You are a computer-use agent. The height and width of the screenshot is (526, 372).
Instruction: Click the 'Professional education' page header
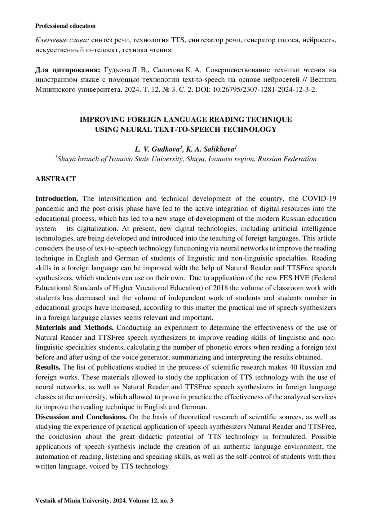coord(65,26)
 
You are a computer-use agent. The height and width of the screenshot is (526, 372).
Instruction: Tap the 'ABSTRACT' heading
coord(55,179)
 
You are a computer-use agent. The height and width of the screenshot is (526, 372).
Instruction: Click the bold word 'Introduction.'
coord(56,199)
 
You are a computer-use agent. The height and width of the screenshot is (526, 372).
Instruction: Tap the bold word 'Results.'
coord(48,368)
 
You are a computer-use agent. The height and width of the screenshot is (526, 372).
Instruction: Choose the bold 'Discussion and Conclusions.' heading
coord(81,417)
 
